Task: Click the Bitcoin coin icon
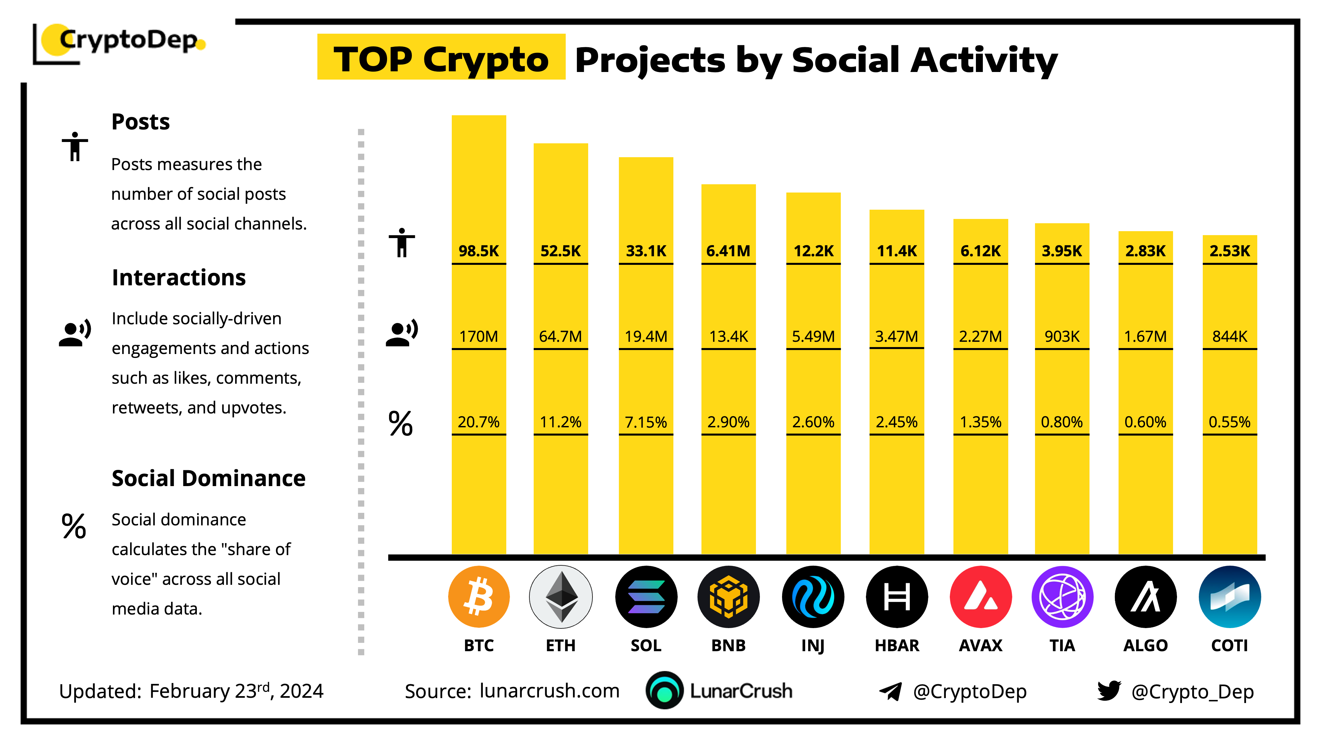[x=479, y=596]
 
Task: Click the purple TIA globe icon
[x=1062, y=596]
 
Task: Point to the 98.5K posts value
[x=479, y=251]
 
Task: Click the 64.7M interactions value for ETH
[x=560, y=336]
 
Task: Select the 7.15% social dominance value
[x=646, y=422]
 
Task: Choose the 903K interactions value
[x=1062, y=336]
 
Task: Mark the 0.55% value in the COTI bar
[x=1229, y=422]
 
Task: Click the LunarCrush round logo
[x=664, y=690]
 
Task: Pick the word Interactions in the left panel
[x=178, y=277]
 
